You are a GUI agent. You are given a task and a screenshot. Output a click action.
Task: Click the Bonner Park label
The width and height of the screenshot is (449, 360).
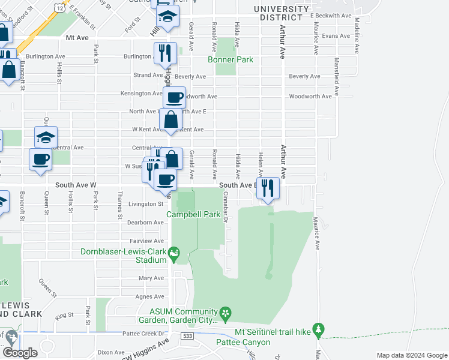tap(231, 59)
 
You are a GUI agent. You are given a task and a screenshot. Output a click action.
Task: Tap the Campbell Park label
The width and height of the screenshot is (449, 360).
tap(194, 214)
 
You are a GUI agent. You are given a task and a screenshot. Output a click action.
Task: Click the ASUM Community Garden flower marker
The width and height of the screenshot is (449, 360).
tap(225, 313)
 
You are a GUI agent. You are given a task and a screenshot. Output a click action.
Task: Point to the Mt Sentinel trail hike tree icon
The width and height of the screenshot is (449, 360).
tap(318, 329)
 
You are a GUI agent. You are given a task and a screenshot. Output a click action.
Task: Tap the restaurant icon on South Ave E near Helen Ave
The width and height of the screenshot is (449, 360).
tap(268, 188)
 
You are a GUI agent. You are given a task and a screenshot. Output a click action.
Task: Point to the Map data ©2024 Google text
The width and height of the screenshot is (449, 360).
tap(412, 355)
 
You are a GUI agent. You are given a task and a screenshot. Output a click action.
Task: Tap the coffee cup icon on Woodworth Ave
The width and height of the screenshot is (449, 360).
tap(175, 97)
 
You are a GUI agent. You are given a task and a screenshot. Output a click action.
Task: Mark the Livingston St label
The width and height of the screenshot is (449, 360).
tap(146, 204)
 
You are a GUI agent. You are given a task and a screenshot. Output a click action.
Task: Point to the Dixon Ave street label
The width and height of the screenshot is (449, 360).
tap(112, 352)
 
